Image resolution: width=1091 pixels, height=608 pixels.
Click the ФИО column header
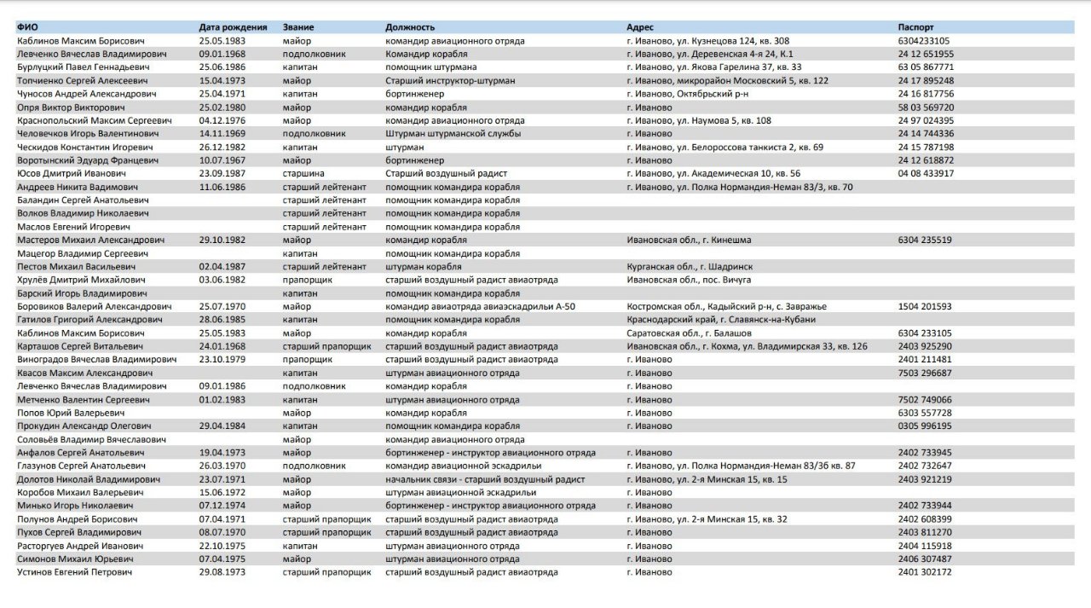click(x=26, y=27)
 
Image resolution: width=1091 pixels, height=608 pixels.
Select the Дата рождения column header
click(x=233, y=27)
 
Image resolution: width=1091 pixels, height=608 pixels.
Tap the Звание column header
click(x=298, y=27)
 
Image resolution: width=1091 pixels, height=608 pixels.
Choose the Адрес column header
click(x=640, y=27)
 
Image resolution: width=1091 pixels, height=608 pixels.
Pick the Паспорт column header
click(x=916, y=27)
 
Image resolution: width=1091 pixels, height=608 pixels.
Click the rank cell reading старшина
click(x=303, y=173)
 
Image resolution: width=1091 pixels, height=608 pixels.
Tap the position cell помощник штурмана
click(x=430, y=67)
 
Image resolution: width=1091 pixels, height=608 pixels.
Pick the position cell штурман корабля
click(x=422, y=267)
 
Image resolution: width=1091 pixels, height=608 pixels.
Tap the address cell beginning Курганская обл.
click(x=689, y=267)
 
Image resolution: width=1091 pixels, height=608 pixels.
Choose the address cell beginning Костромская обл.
click(x=725, y=306)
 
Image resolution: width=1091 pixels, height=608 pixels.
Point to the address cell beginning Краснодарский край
click(x=720, y=320)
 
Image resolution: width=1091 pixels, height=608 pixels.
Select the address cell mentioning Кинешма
click(x=689, y=240)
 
